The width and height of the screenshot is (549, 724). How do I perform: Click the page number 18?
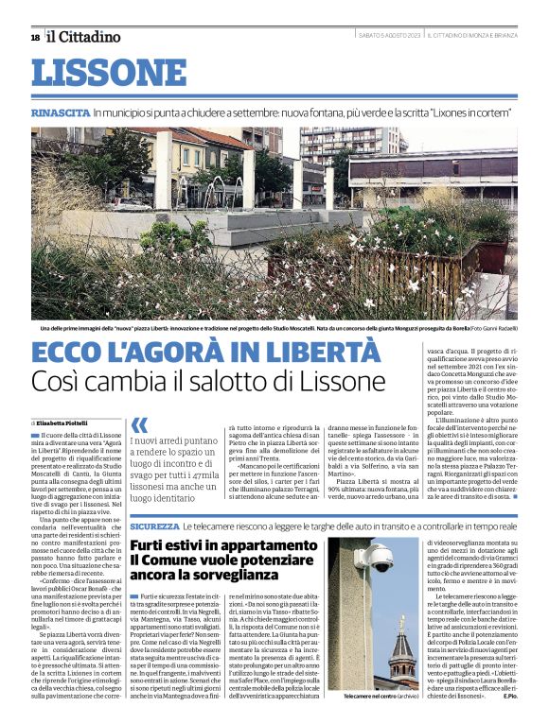(35, 37)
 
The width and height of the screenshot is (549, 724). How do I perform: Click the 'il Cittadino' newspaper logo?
(84, 37)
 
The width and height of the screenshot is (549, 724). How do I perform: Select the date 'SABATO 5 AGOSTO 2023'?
(388, 36)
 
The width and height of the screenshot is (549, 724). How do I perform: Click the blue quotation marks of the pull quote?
(139, 425)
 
